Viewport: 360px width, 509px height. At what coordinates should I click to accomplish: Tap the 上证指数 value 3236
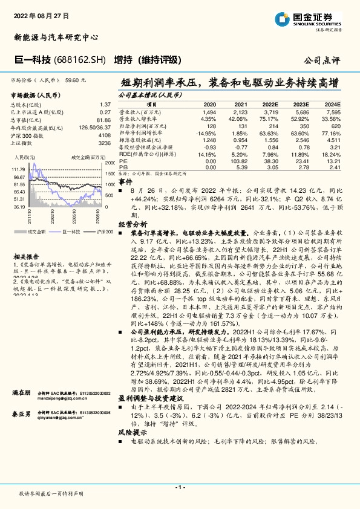[104, 143]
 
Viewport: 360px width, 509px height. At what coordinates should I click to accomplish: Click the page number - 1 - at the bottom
[180, 487]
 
